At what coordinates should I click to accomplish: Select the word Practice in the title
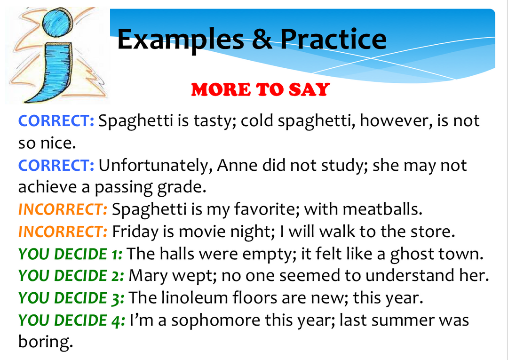pos(333,39)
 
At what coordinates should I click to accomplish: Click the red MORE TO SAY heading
pos(260,89)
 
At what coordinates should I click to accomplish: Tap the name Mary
pos(146,276)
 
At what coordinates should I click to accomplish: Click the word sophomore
pos(221,320)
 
